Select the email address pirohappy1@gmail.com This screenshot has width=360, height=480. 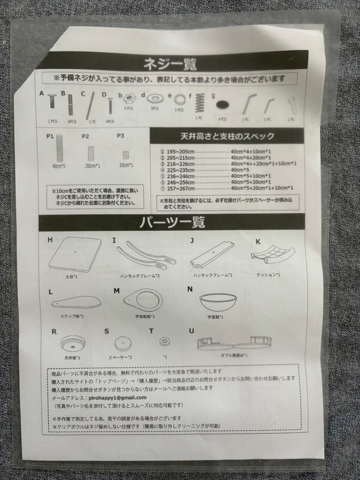point(118,397)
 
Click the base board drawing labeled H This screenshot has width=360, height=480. point(76,255)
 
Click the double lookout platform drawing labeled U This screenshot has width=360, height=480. point(235,342)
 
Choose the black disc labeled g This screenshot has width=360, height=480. point(222,106)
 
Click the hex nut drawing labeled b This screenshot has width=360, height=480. point(129,99)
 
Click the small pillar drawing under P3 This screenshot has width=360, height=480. point(126,155)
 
